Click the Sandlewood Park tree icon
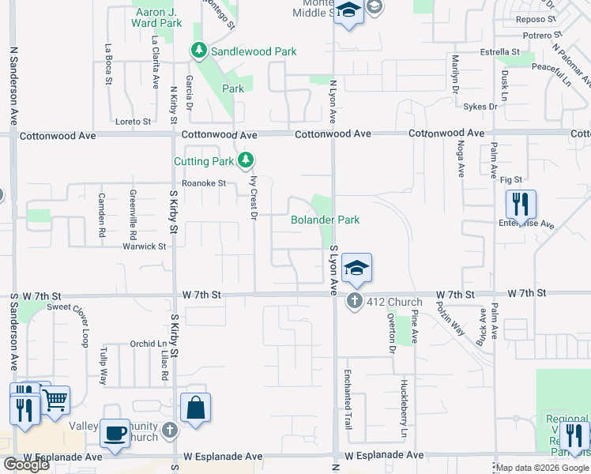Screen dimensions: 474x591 [x=198, y=51]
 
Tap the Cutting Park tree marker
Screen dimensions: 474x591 [x=246, y=161]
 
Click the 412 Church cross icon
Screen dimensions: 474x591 [x=354, y=301]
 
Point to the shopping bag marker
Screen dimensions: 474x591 [x=195, y=408]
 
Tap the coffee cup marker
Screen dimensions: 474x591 [x=115, y=434]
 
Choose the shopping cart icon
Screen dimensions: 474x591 [x=55, y=401]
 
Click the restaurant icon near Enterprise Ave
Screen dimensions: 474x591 [x=521, y=204]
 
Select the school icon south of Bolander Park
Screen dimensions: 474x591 [x=356, y=269]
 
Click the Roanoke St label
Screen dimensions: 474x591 [x=204, y=183]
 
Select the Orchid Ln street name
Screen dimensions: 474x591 [x=149, y=344]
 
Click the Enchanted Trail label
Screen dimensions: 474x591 [x=347, y=399]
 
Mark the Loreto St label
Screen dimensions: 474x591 [x=133, y=122]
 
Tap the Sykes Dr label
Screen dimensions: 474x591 [x=480, y=106]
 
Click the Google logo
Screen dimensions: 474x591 [x=26, y=465]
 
